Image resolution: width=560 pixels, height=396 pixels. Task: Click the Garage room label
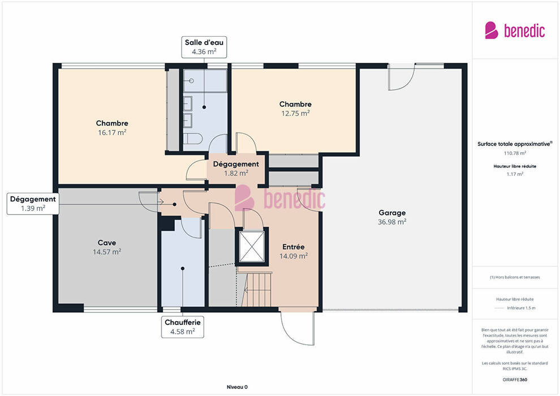pos(392,213)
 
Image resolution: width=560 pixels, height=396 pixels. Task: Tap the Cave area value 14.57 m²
pos(107,252)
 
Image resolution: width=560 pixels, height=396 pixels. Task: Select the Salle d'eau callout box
pos(204,47)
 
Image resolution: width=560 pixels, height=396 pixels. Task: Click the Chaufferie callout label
pos(183,322)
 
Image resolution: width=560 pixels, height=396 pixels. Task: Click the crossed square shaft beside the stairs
pos(252,247)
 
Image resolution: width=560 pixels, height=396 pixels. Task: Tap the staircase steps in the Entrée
pos(257,289)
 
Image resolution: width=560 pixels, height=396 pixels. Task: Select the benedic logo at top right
pos(515,31)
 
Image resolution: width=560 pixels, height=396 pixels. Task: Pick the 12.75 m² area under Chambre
pos(295,114)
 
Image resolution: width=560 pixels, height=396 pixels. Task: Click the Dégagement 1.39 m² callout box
pos(33,204)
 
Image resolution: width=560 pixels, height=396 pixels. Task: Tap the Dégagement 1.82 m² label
pos(236,169)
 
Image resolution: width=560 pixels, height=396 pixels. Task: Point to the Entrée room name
pos(293,247)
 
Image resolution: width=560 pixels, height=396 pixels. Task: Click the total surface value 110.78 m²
pos(515,153)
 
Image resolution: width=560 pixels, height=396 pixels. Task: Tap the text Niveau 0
pos(237,387)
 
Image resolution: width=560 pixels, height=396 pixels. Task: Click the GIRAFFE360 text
pos(515,380)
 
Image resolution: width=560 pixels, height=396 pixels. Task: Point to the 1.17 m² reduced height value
pos(515,174)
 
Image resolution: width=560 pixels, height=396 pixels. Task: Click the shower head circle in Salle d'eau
pos(191,81)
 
